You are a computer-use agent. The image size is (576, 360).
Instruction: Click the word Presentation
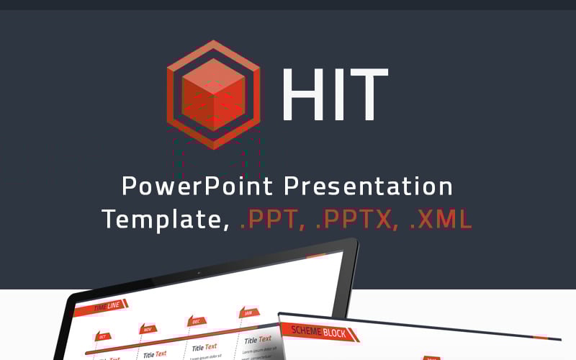(x=368, y=186)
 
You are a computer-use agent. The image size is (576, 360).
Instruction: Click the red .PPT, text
(x=271, y=219)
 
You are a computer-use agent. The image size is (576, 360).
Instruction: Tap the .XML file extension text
(x=440, y=219)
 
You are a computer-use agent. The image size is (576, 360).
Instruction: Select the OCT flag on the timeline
(x=102, y=336)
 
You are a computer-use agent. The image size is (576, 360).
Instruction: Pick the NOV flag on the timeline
(x=148, y=329)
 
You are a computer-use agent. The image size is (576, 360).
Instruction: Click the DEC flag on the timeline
(x=195, y=321)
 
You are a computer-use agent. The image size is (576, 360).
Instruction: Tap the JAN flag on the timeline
(x=248, y=313)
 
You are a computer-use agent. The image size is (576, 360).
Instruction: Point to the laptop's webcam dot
(x=198, y=273)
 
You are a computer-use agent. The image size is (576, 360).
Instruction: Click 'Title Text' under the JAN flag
(x=258, y=339)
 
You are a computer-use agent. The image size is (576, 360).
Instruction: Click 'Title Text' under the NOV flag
(x=155, y=354)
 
